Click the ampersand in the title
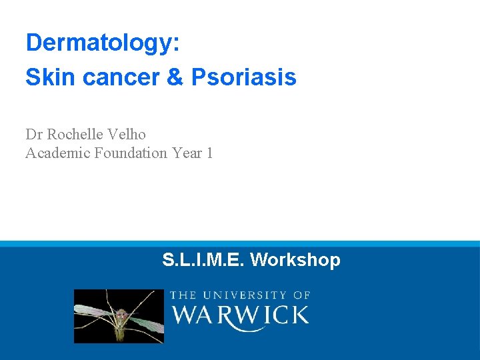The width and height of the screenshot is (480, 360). click(175, 77)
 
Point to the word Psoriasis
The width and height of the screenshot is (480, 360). click(243, 77)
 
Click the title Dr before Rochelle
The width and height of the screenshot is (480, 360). click(34, 134)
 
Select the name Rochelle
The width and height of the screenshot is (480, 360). click(75, 134)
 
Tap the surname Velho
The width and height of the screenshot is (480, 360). click(127, 134)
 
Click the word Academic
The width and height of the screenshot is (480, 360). click(57, 153)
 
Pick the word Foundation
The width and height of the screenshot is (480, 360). click(131, 153)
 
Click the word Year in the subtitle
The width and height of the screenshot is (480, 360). click(186, 153)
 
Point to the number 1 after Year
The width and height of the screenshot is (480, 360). click(209, 153)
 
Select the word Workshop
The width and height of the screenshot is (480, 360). click(295, 259)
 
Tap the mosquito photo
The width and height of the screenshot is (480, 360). click(119, 316)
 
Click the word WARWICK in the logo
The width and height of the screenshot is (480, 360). click(240, 315)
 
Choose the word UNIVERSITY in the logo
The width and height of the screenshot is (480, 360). click(245, 295)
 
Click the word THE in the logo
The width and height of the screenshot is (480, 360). click(183, 295)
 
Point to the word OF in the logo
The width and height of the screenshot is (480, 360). click(302, 295)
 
